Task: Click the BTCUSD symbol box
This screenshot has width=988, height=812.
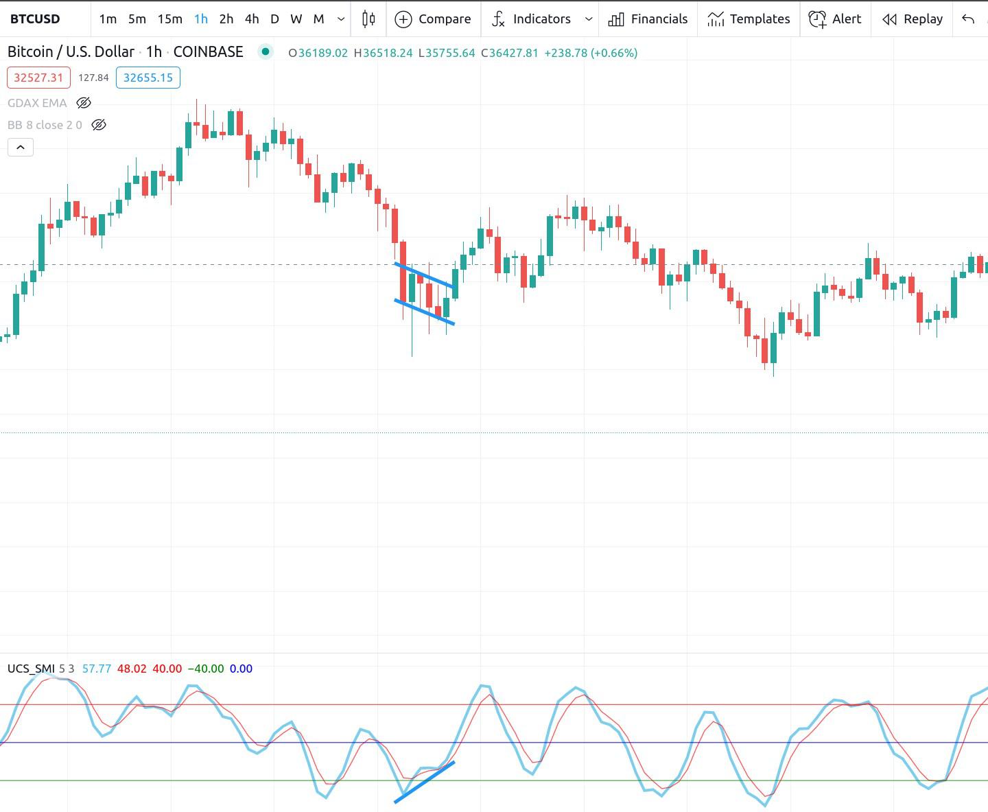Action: tap(35, 19)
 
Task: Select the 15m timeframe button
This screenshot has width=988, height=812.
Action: tap(169, 19)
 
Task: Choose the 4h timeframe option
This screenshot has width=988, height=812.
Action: tap(252, 19)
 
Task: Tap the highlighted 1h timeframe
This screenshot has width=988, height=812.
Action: tap(200, 19)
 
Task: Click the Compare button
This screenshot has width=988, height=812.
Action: tap(433, 19)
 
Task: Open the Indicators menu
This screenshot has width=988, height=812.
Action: tap(532, 19)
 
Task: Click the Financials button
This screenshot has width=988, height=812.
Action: tap(648, 19)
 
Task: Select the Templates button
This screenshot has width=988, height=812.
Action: tap(749, 19)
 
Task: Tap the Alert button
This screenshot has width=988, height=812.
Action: tap(835, 19)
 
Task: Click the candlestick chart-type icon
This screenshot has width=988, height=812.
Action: tap(368, 19)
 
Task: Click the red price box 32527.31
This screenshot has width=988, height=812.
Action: tap(38, 78)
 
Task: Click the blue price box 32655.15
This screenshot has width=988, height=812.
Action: tap(148, 78)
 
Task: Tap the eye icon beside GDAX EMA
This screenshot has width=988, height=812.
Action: tap(84, 103)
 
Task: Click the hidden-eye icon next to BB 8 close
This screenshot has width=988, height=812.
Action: tap(99, 125)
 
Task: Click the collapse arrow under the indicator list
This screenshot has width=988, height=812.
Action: tap(21, 147)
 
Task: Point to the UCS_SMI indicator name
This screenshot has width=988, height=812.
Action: tap(31, 669)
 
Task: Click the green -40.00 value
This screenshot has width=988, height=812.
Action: tap(206, 669)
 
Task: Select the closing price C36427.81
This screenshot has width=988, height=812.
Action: tap(510, 53)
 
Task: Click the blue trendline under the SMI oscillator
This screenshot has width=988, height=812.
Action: tap(424, 782)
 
